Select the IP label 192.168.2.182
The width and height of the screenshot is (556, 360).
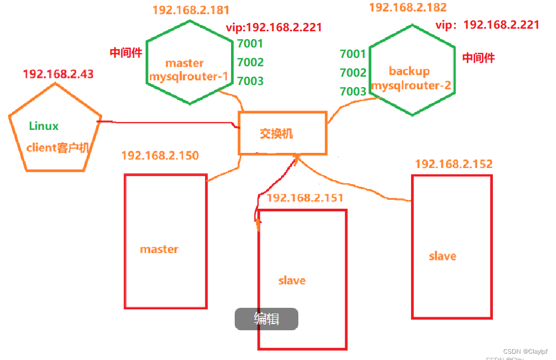tap(408, 8)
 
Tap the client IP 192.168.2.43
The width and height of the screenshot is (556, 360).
tap(58, 74)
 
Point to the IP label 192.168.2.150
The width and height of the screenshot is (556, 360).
tap(160, 155)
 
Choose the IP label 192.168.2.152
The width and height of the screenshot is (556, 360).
tap(453, 164)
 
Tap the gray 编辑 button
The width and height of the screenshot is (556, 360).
tap(267, 319)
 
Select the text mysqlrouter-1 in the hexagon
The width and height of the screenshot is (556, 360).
tap(188, 77)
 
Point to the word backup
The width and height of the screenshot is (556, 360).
tap(409, 71)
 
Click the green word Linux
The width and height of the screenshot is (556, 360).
tap(44, 126)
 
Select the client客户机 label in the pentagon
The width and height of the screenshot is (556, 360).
tap(58, 148)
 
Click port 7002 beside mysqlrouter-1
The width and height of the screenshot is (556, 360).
tap(250, 63)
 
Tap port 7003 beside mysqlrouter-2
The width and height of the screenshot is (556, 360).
tap(353, 92)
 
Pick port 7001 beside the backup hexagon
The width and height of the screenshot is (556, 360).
tap(353, 54)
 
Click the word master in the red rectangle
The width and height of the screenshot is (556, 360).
tap(159, 249)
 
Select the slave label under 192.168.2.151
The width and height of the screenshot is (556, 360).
tap(292, 281)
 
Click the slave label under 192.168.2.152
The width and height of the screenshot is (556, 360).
tap(442, 256)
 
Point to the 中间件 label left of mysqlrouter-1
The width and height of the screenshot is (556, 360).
tap(126, 53)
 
